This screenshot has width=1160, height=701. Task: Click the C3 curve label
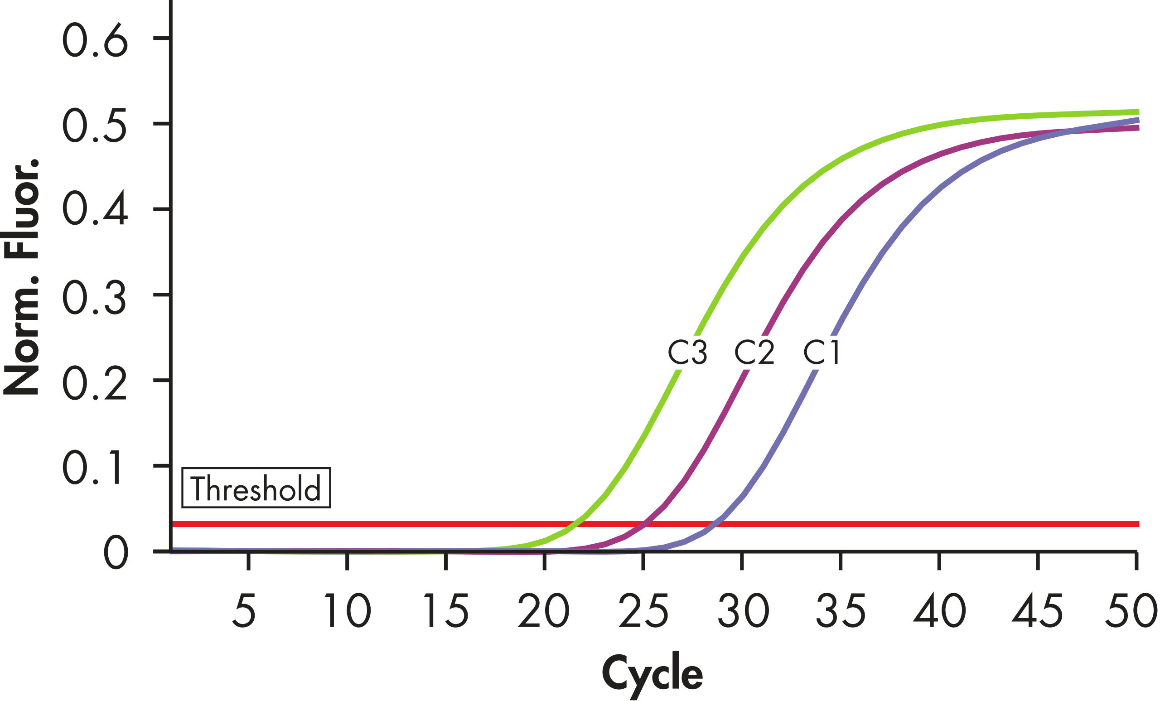687,353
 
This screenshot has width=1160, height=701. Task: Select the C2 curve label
754,353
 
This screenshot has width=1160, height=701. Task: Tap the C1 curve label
822,353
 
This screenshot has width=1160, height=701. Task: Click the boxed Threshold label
256,488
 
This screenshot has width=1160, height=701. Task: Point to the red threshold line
377,524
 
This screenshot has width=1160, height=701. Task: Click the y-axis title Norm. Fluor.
21,278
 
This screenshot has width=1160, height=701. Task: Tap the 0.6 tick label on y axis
95,40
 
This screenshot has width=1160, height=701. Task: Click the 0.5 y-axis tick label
95,125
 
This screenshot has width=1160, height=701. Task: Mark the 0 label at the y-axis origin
116,554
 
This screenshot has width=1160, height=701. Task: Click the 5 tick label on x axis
244,611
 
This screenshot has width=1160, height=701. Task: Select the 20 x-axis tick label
543,611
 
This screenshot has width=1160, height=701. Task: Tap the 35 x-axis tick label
841,611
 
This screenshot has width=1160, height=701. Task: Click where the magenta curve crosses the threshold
643,524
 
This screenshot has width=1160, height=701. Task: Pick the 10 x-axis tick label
348,611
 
